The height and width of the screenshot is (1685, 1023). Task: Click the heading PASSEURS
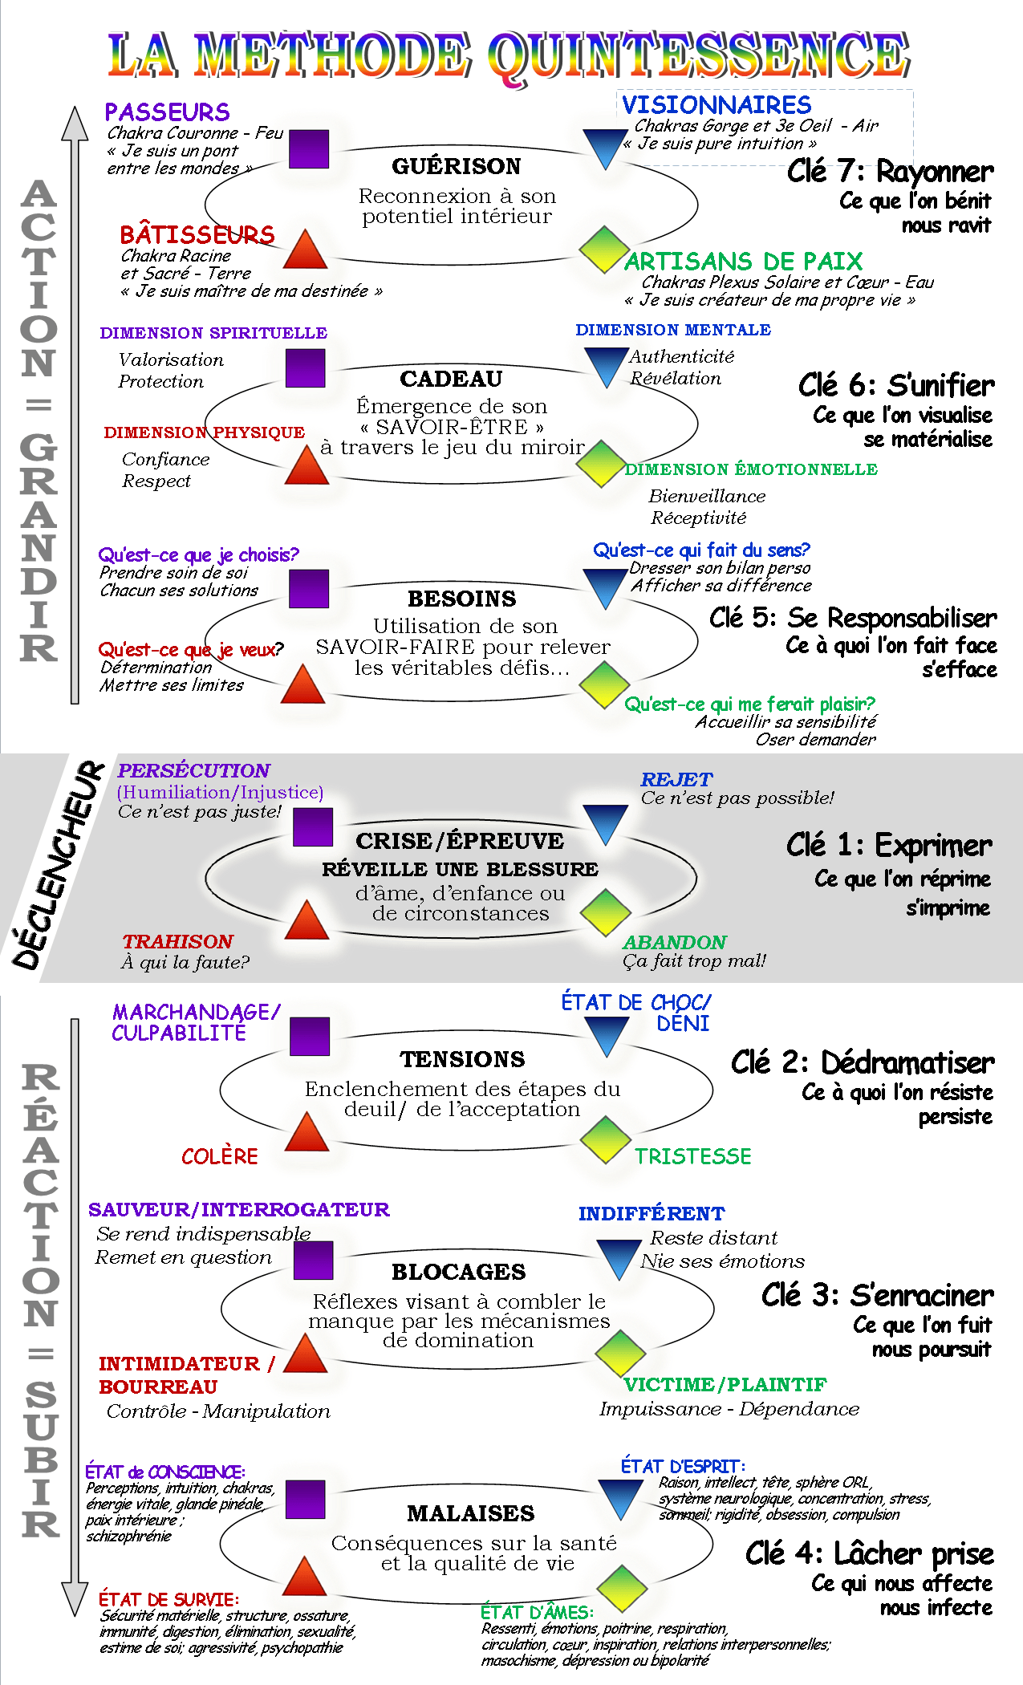(167, 112)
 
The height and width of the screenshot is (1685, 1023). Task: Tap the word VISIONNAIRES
(717, 105)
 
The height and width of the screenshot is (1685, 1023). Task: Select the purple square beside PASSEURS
(309, 149)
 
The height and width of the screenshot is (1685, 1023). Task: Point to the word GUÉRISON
(456, 166)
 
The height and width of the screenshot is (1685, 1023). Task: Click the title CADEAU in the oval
(451, 379)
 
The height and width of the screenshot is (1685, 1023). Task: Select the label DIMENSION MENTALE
(673, 330)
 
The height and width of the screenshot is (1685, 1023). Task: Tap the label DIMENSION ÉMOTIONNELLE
(751, 469)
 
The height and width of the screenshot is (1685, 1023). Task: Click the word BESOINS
(461, 599)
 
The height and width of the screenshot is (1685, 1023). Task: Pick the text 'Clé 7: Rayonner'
(890, 172)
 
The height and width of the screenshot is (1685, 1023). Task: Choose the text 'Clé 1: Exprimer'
(889, 846)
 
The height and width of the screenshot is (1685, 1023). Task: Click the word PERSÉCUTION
(193, 770)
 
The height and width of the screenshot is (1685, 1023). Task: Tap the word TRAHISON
(177, 941)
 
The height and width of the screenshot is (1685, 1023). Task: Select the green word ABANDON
(675, 942)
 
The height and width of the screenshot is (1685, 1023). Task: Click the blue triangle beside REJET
(606, 823)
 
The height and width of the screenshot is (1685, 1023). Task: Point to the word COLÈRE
(219, 1156)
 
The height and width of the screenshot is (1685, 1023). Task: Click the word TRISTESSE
(693, 1156)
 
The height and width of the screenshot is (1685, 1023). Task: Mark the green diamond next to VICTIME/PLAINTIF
(620, 1352)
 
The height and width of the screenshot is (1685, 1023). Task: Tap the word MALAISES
(470, 1513)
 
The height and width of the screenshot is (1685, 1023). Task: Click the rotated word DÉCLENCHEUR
(58, 867)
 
